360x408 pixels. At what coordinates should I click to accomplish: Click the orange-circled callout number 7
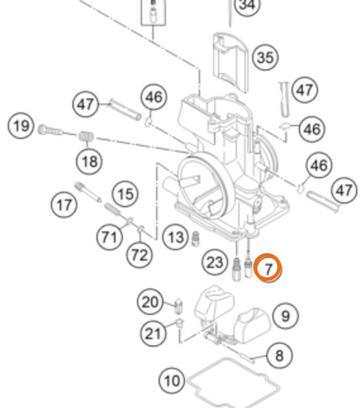pyautogui.click(x=268, y=268)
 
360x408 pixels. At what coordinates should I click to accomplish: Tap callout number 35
pyautogui.click(x=265, y=58)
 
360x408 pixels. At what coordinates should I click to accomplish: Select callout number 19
pyautogui.click(x=21, y=126)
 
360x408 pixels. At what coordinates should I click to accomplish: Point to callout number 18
pyautogui.click(x=90, y=161)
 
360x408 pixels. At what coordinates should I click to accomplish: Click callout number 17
pyautogui.click(x=64, y=205)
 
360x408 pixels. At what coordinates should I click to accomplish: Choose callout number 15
pyautogui.click(x=126, y=194)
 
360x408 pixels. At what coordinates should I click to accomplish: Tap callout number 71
pyautogui.click(x=110, y=237)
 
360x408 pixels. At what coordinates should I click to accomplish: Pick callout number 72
pyautogui.click(x=140, y=255)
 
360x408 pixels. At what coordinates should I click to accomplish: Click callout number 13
pyautogui.click(x=176, y=237)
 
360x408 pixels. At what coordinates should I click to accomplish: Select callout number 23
pyautogui.click(x=214, y=262)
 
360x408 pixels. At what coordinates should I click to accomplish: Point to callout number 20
pyautogui.click(x=151, y=302)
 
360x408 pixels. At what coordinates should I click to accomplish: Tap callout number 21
pyautogui.click(x=153, y=333)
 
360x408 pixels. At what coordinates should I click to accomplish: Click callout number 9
pyautogui.click(x=285, y=316)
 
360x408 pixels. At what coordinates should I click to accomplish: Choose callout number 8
pyautogui.click(x=280, y=355)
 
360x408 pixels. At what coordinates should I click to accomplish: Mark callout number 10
pyautogui.click(x=172, y=380)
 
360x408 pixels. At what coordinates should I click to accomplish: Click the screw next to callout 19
pyautogui.click(x=50, y=130)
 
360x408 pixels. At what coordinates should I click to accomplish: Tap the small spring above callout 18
pyautogui.click(x=86, y=137)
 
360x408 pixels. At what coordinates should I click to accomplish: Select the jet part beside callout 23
pyautogui.click(x=236, y=269)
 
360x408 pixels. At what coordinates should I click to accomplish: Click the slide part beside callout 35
pyautogui.click(x=230, y=63)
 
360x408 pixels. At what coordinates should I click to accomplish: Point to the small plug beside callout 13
pyautogui.click(x=196, y=239)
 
